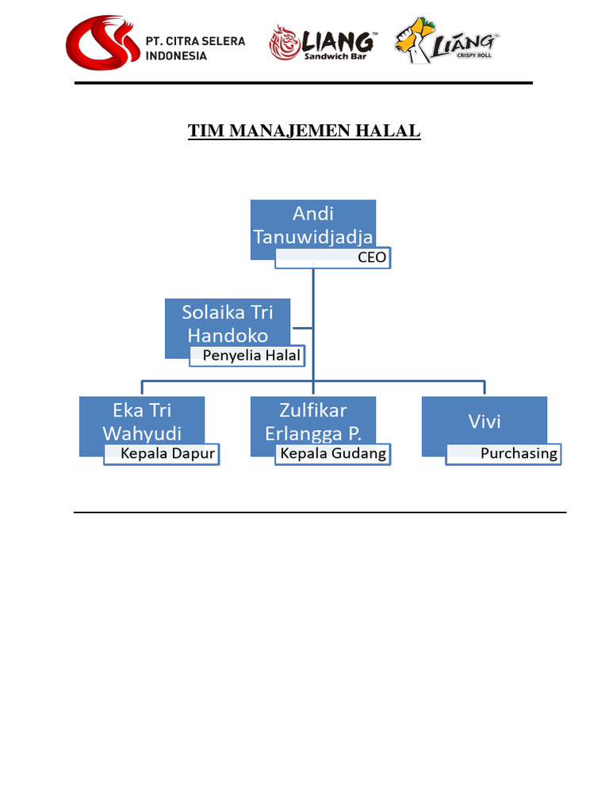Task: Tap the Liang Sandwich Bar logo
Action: [322, 43]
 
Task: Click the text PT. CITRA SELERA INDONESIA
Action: [195, 48]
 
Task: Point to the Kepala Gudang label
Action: [333, 454]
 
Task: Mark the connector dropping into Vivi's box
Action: [484, 388]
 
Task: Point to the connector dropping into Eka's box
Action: [142, 388]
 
